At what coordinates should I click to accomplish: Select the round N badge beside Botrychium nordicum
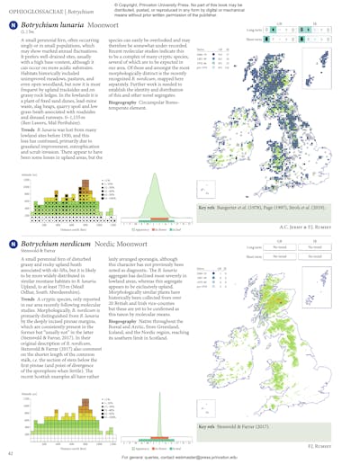[12, 244]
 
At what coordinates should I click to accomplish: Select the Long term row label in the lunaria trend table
[255, 30]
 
